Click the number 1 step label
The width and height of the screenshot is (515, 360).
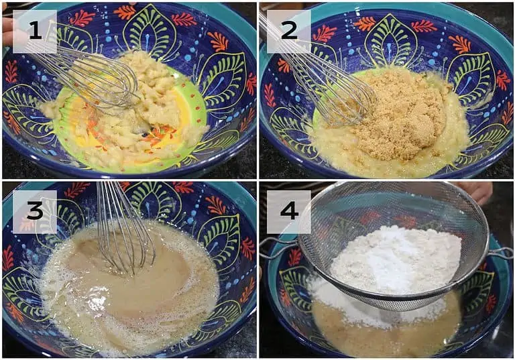(x=35, y=32)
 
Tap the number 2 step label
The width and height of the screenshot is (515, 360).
(x=289, y=32)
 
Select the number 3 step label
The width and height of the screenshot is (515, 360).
(x=35, y=212)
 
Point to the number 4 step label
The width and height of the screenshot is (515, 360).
(x=289, y=212)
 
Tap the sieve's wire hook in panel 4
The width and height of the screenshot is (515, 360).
(x=501, y=253)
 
